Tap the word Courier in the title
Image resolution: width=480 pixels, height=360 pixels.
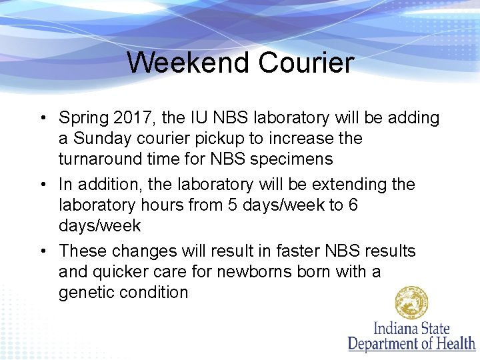click(x=306, y=63)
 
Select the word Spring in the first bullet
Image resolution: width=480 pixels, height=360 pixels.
click(x=84, y=119)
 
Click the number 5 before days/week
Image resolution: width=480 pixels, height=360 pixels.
click(x=232, y=205)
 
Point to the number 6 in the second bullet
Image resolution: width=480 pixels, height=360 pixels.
click(x=353, y=205)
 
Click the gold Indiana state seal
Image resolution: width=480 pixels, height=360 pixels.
click(x=411, y=303)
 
